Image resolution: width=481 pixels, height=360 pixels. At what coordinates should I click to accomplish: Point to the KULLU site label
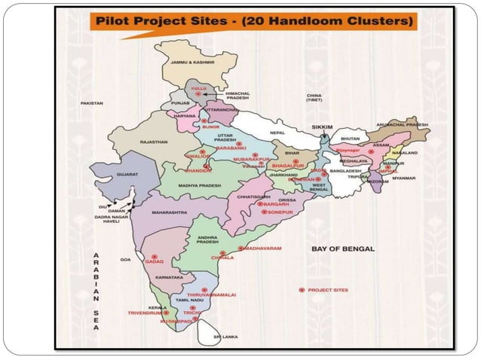click(199, 89)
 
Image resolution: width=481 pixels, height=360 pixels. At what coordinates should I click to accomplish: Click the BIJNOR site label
click(210, 127)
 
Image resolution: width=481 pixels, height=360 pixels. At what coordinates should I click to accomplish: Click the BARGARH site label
click(277, 203)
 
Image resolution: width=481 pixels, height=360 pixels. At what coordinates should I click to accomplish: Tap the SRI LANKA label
click(225, 337)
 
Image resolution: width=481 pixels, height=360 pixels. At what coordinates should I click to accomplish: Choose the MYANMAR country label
click(404, 178)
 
